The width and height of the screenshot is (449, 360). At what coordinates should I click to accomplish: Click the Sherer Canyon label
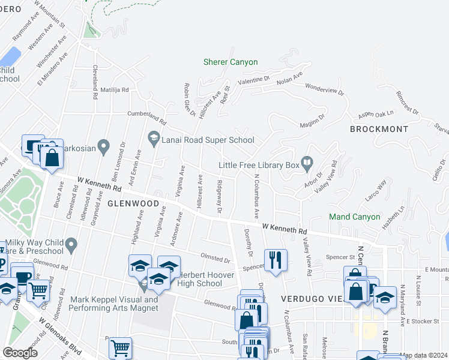[231, 62]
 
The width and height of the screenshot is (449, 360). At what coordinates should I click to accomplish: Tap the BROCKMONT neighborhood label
[379, 129]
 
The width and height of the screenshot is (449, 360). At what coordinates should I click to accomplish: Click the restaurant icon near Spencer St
[276, 260]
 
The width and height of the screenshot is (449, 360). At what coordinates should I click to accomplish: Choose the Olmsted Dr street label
[215, 259]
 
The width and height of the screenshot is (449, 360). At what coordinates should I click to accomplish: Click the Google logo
[20, 353]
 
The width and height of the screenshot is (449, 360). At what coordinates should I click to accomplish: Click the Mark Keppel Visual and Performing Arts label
[113, 304]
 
